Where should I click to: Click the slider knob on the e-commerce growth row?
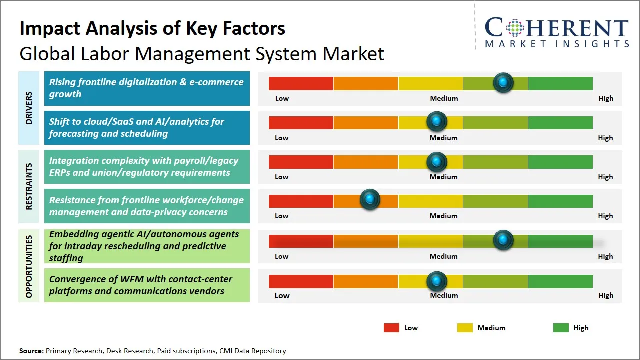point(503,82)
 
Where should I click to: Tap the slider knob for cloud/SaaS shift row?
point(437,121)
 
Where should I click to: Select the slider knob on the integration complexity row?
point(437,161)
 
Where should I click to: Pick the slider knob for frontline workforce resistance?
point(370,200)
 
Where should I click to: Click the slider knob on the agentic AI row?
point(503,240)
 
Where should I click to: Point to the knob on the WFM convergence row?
point(437,281)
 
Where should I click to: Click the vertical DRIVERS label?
point(28,108)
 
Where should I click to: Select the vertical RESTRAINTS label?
point(28,186)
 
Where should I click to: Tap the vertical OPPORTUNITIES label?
point(28,266)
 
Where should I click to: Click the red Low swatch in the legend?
point(391,328)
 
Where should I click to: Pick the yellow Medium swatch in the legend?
point(465,328)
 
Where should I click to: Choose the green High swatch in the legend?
point(561,328)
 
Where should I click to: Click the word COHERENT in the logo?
point(557,28)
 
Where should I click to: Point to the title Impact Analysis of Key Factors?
point(152,28)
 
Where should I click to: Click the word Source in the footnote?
point(31,351)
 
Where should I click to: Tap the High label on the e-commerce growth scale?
point(606,98)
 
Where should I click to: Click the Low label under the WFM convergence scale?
point(282,295)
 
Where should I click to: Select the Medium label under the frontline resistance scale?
point(444,216)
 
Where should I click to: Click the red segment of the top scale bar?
point(301,83)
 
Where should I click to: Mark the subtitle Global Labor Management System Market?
point(202,54)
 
